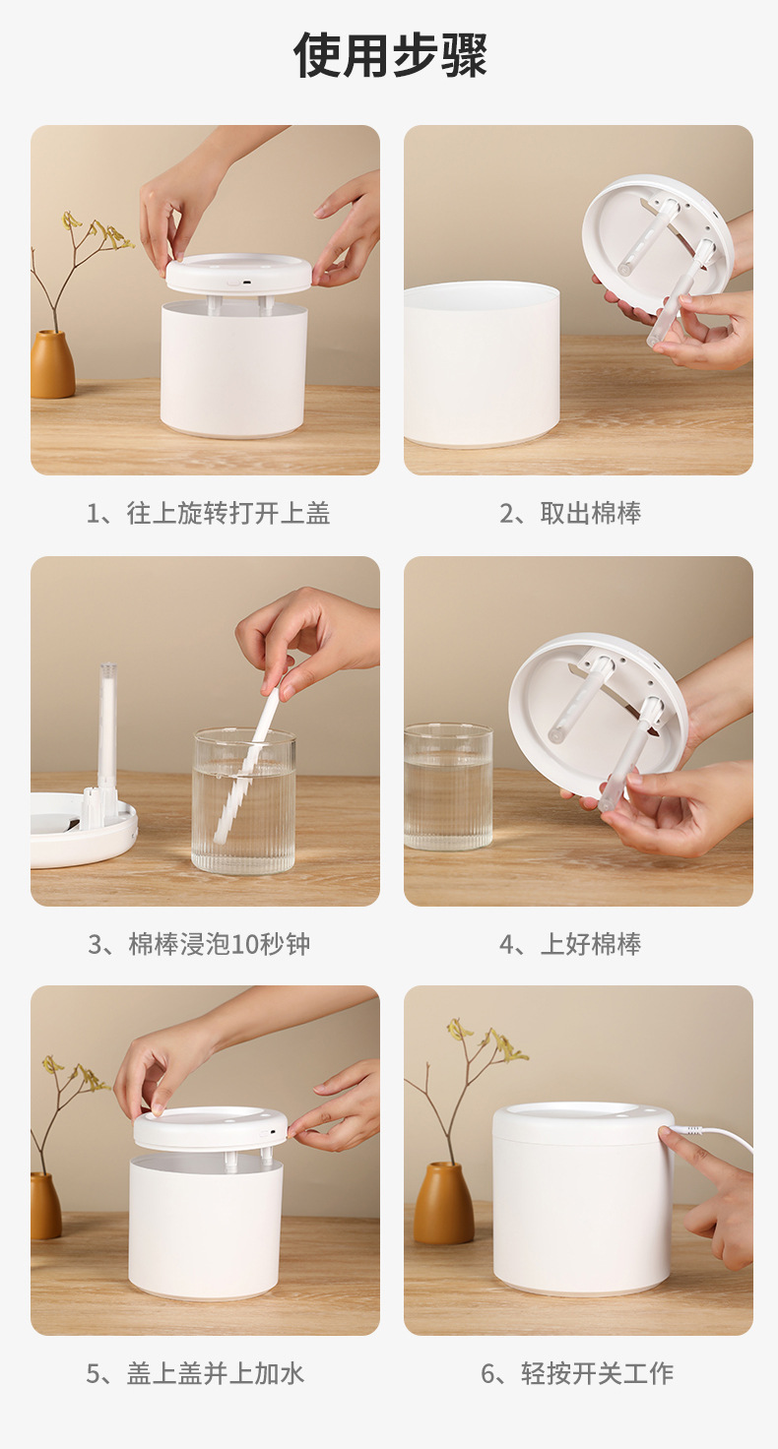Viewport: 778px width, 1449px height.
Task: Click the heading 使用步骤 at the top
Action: pos(390,55)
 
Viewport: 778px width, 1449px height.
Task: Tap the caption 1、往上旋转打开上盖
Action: pos(209,513)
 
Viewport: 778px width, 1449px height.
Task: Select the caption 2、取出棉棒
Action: pos(570,513)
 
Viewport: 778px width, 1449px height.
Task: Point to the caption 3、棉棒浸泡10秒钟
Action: pos(199,944)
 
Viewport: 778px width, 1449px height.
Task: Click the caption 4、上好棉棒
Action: pos(570,944)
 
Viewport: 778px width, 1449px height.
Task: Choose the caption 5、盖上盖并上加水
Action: pos(195,1373)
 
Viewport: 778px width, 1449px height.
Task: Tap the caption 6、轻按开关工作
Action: pos(577,1373)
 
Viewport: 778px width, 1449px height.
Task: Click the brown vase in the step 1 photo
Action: pos(52,364)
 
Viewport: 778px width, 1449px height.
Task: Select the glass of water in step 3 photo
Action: pos(244,801)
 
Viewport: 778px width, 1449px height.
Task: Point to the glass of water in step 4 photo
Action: pos(448,787)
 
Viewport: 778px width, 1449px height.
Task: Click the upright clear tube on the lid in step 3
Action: pos(107,724)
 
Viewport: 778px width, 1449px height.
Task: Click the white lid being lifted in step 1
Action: pos(239,274)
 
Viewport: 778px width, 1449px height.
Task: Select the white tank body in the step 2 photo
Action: pos(482,364)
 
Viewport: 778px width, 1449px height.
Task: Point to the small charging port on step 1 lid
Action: pos(245,283)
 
